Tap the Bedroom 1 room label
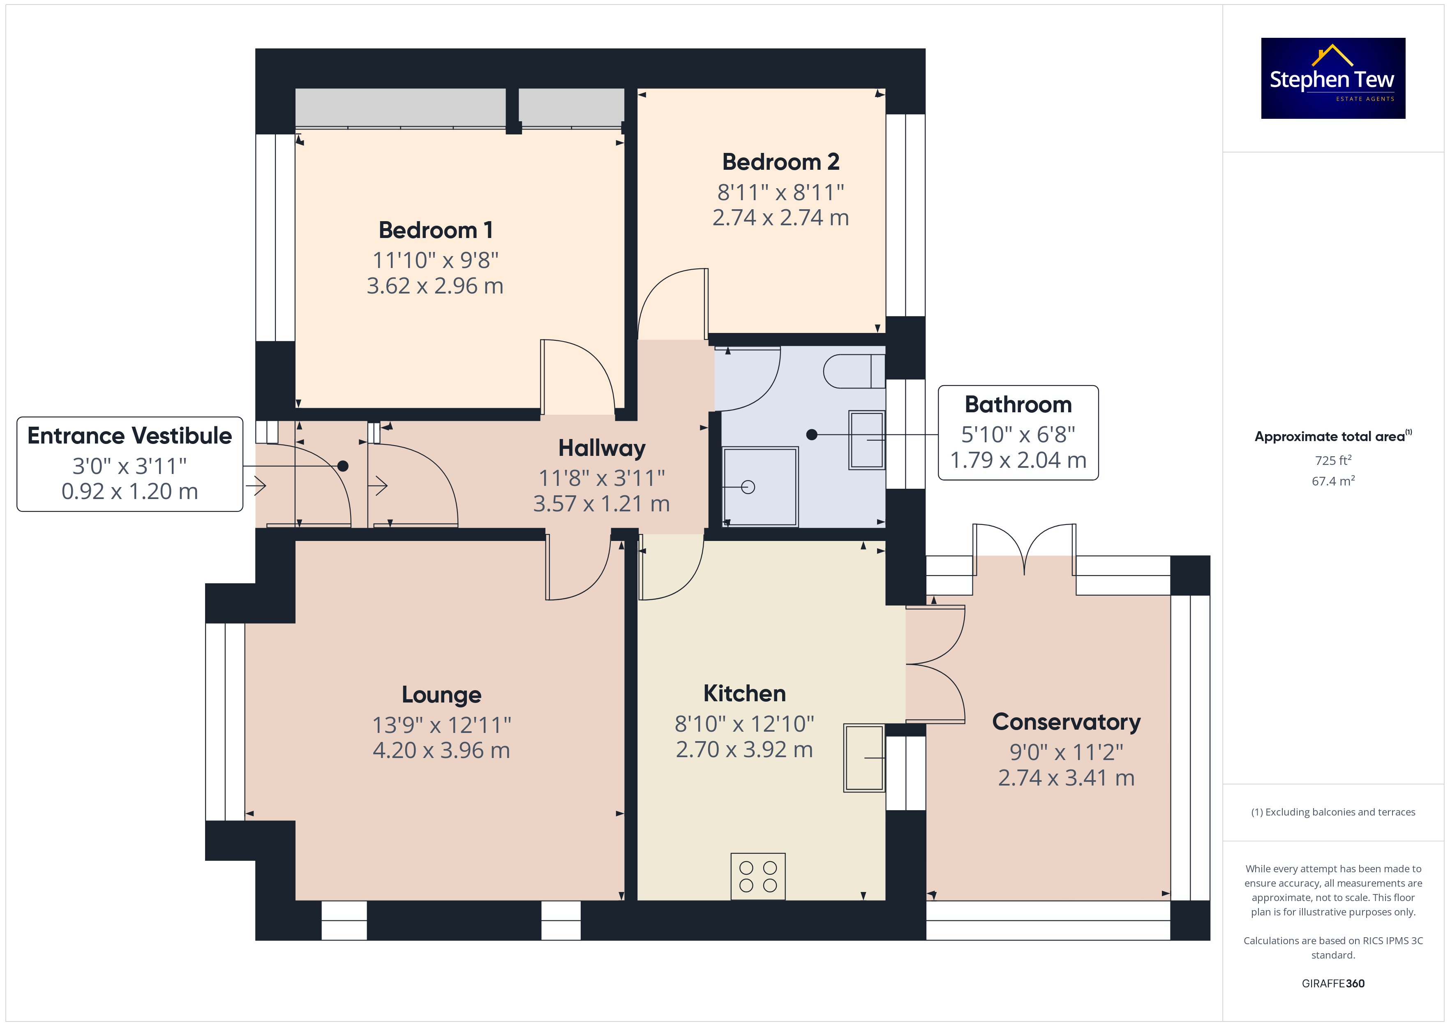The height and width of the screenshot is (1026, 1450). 435,230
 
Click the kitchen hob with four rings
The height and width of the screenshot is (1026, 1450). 758,876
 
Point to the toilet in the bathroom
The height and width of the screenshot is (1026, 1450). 854,371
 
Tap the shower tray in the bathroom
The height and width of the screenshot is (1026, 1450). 760,486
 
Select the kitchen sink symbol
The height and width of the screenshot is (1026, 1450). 864,758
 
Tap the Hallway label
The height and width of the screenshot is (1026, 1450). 602,448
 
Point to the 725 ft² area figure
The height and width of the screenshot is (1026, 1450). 1333,460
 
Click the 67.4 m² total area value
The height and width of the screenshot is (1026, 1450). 1333,481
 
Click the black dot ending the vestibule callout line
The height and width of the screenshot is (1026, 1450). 343,466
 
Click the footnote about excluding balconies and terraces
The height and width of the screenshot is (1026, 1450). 1333,812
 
